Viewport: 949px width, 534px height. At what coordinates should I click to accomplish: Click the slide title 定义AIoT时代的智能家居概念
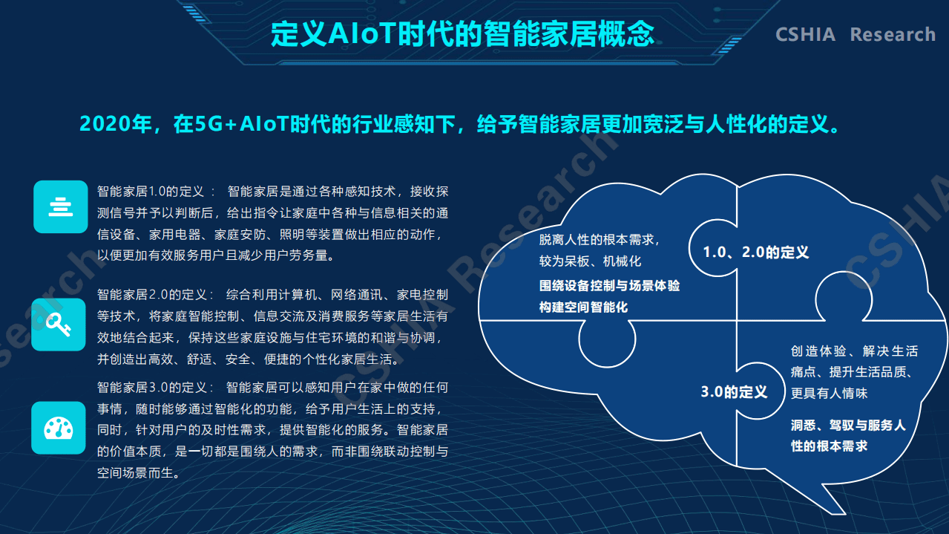coord(462,34)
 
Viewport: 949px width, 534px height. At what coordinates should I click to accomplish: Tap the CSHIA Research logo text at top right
coord(855,35)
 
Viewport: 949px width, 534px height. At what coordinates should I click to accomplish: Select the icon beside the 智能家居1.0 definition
coord(60,206)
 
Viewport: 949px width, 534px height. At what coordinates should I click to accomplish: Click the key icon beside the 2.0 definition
coord(59,324)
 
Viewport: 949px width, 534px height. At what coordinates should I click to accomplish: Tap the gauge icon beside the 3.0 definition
coord(59,428)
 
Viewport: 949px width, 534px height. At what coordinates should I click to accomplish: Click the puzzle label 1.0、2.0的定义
coord(755,253)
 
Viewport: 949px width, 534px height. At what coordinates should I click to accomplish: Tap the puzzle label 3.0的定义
coord(734,391)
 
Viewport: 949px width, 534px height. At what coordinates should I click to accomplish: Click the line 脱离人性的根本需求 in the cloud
coord(599,239)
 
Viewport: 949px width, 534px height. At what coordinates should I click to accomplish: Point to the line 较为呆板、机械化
coord(590,261)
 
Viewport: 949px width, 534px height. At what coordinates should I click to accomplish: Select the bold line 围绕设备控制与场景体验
coord(609,286)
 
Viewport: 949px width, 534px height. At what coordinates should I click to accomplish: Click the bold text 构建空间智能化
coord(583,307)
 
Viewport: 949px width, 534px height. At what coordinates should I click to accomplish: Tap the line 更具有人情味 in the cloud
coord(828,393)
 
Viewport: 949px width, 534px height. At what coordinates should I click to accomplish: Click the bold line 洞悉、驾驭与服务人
coord(847,426)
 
